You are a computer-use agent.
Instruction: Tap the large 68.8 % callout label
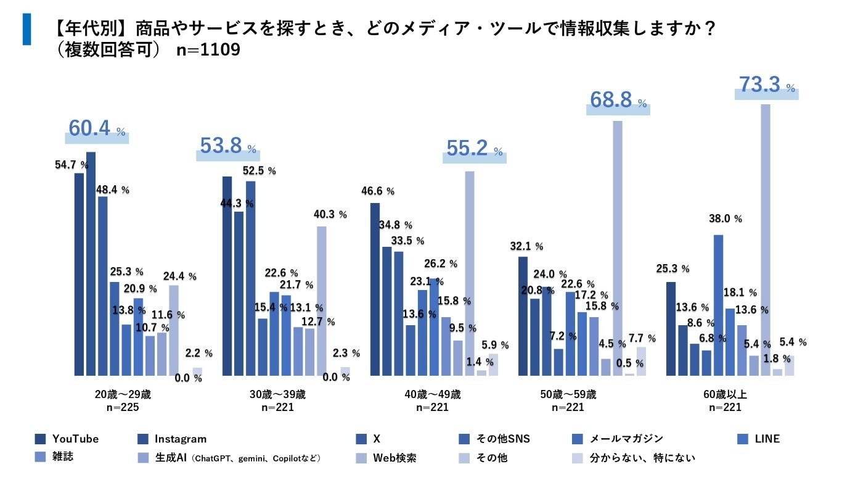click(618, 101)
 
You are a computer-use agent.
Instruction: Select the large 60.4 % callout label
click(97, 129)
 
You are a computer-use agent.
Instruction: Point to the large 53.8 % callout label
click(227, 146)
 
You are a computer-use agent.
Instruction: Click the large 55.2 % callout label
click(473, 148)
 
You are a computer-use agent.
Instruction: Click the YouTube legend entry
click(68, 439)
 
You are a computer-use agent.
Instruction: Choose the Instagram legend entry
click(172, 439)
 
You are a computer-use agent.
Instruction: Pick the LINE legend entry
click(759, 439)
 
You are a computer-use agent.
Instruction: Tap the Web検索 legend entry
click(387, 458)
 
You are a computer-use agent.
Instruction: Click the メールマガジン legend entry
click(618, 439)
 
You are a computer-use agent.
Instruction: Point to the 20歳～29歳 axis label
click(114, 394)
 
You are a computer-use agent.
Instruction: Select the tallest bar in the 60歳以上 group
click(766, 241)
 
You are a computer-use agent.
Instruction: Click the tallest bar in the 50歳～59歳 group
click(618, 247)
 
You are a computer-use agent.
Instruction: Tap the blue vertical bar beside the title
click(27, 28)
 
